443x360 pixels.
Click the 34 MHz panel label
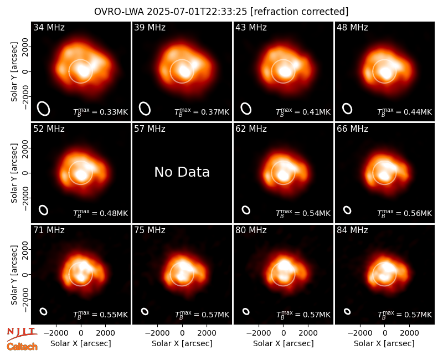pyautogui.click(x=49, y=27)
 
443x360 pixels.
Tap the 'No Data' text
pyautogui.click(x=182, y=172)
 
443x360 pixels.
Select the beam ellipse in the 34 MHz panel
pyautogui.click(x=44, y=109)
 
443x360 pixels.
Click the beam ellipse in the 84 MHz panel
pyautogui.click(x=347, y=311)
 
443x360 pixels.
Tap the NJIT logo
pyautogui.click(x=22, y=333)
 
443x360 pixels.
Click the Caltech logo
pyautogui.click(x=22, y=347)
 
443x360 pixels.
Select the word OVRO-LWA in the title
pyautogui.click(x=119, y=12)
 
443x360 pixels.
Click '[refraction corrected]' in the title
pyautogui.click(x=299, y=12)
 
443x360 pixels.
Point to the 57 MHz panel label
pyautogui.click(x=150, y=129)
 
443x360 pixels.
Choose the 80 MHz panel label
pyautogui.click(x=251, y=230)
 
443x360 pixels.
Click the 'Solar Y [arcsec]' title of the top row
pyautogui.click(x=14, y=72)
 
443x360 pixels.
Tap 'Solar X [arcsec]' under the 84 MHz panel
pyautogui.click(x=384, y=343)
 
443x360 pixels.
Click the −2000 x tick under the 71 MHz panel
pyautogui.click(x=55, y=333)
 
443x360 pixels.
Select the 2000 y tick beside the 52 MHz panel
pyautogui.click(x=25, y=148)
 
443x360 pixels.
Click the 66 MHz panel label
pyautogui.click(x=352, y=129)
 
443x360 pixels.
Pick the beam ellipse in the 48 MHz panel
pyautogui.click(x=347, y=109)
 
